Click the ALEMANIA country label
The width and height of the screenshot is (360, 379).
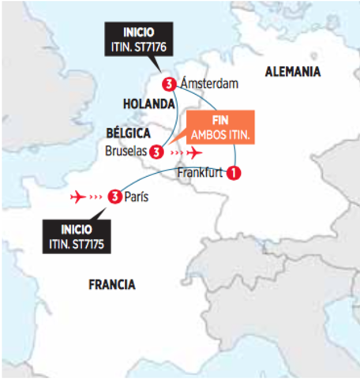pos(293,72)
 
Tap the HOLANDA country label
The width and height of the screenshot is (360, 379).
pos(148,104)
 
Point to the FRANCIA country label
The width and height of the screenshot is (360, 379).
pos(111,284)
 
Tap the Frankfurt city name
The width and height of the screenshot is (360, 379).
pos(202,173)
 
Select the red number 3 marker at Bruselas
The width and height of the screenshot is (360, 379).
pos(156,150)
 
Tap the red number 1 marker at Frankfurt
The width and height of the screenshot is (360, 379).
pos(234,173)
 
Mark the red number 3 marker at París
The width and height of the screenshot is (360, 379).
pos(115,195)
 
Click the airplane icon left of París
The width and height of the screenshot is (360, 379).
pos(79,195)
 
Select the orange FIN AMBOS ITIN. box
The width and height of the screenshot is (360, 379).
pos(220,127)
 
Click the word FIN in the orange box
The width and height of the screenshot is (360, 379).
pos(220,120)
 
